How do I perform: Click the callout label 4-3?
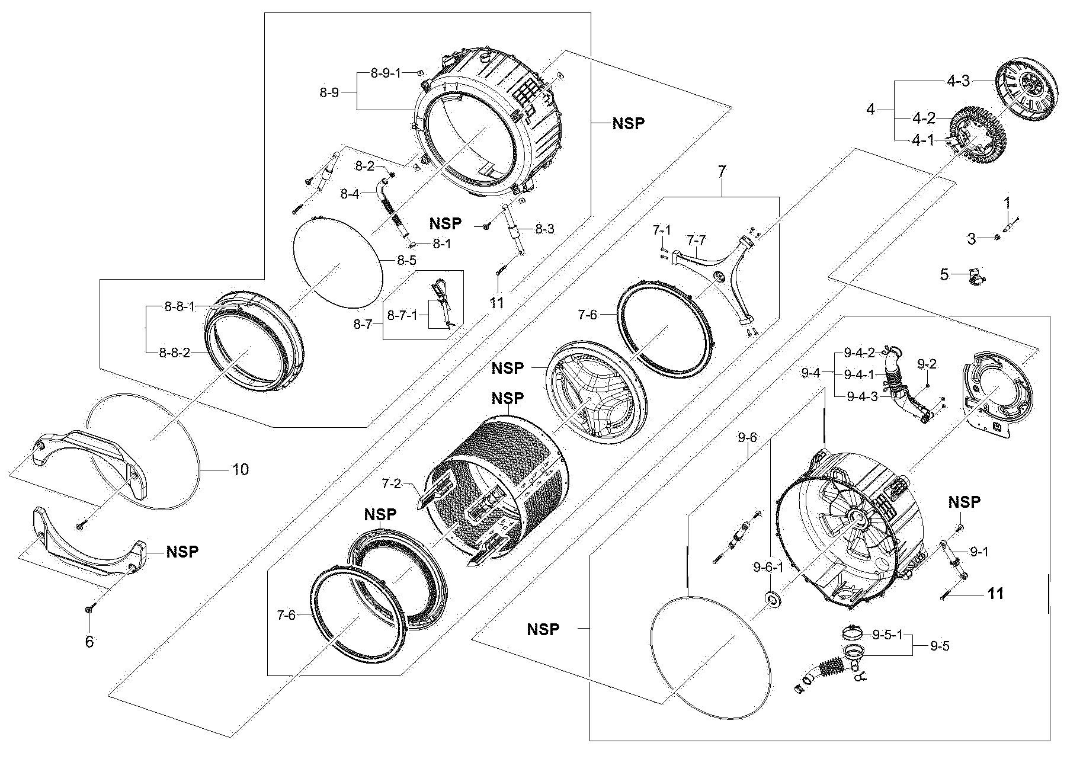(957, 81)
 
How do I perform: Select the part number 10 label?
(240, 470)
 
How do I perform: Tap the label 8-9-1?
(386, 73)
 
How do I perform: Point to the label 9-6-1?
(768, 568)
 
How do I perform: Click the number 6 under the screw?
(89, 642)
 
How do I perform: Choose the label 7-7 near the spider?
(696, 240)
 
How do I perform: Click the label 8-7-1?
(402, 315)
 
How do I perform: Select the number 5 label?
(944, 274)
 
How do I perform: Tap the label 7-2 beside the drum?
(392, 484)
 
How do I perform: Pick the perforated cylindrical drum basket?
(498, 486)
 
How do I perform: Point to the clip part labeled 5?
(975, 276)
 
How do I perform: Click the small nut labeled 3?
(997, 238)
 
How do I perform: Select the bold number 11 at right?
(995, 593)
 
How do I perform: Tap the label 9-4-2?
(859, 354)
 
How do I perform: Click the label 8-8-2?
(174, 353)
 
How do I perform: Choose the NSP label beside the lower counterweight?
(182, 552)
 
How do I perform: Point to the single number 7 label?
(721, 172)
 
